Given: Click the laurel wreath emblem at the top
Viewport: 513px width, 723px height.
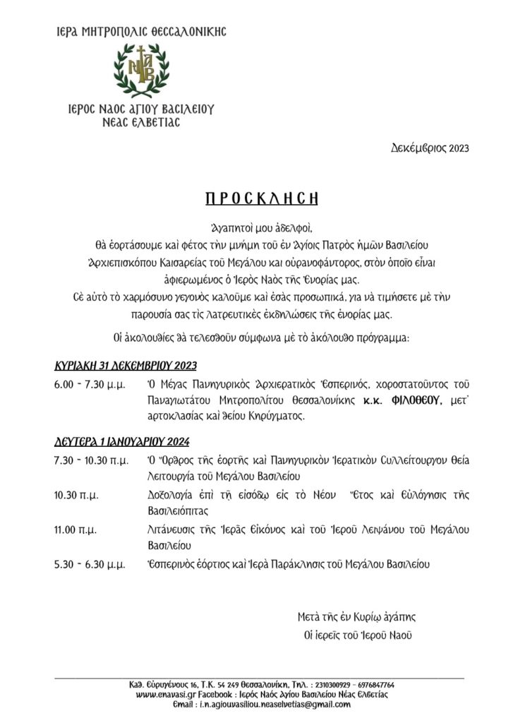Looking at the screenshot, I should [142, 71].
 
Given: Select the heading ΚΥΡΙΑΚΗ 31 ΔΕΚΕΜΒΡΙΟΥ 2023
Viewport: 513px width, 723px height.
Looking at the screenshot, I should [126, 366].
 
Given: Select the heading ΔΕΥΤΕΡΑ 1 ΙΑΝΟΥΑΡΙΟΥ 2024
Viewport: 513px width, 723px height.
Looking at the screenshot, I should [122, 443].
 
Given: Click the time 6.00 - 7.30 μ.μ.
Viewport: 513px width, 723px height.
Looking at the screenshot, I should [90, 384].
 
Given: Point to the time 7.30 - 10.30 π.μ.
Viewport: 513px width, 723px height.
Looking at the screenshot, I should [90, 460].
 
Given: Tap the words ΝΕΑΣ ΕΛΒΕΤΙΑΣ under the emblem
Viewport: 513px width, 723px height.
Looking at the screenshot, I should [142, 121].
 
